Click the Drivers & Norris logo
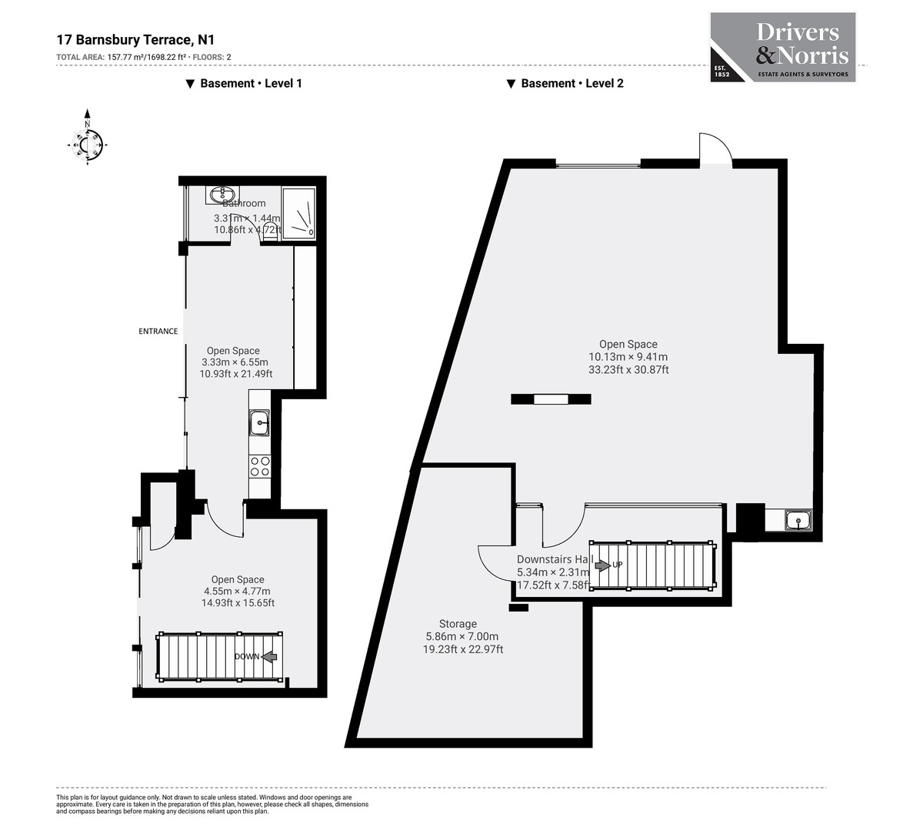pyautogui.click(x=782, y=47)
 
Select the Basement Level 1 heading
pyautogui.click(x=244, y=83)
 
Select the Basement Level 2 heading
pyautogui.click(x=565, y=83)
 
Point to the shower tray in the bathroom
pyautogui.click(x=298, y=211)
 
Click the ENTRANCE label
pyautogui.click(x=158, y=332)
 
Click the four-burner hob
pyautogui.click(x=260, y=466)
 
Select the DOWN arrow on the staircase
pyautogui.click(x=268, y=657)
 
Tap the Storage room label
pyautogui.click(x=458, y=624)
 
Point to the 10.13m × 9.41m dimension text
pyautogui.click(x=628, y=357)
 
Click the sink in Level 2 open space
pyautogui.click(x=798, y=522)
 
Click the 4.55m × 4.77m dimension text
pyautogui.click(x=238, y=592)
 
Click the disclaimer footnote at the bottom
pyautogui.click(x=212, y=805)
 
